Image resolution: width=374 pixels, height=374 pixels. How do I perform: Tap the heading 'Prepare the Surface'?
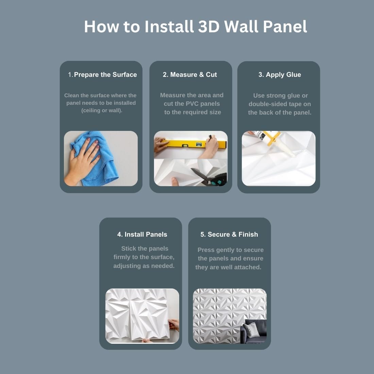click(105, 75)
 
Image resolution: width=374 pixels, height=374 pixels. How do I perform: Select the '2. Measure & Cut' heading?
click(190, 75)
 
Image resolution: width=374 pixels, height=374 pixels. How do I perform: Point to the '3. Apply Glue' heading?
click(279, 75)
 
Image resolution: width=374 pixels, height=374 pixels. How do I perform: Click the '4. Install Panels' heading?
click(142, 235)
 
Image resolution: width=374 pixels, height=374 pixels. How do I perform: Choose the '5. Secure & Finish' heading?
click(229, 235)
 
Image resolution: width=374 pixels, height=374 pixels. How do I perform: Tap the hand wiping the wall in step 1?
click(82, 162)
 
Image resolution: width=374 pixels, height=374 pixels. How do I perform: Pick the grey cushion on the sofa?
click(251, 330)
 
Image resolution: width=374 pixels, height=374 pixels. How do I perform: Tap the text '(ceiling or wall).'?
click(102, 111)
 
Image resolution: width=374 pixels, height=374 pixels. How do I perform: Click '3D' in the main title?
click(209, 26)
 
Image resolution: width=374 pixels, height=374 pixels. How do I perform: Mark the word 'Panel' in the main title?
click(285, 26)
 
